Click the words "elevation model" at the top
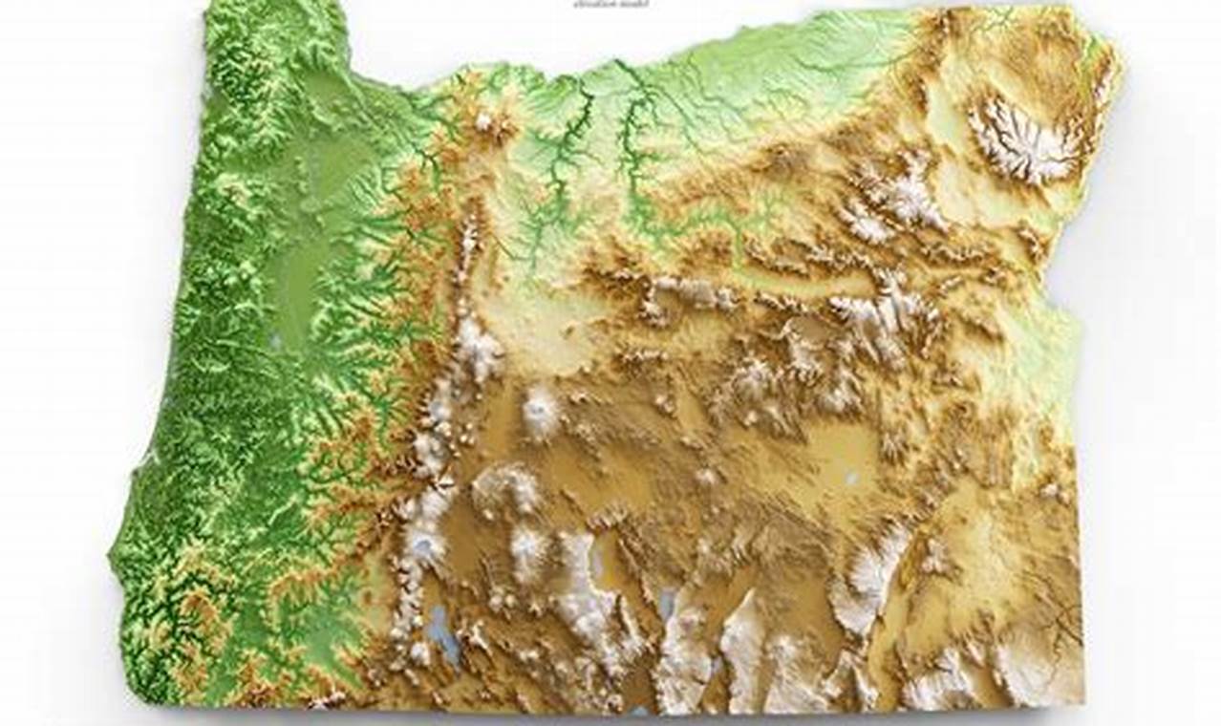point(611,4)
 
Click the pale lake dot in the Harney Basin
point(849,475)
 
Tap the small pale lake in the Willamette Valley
point(276,339)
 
